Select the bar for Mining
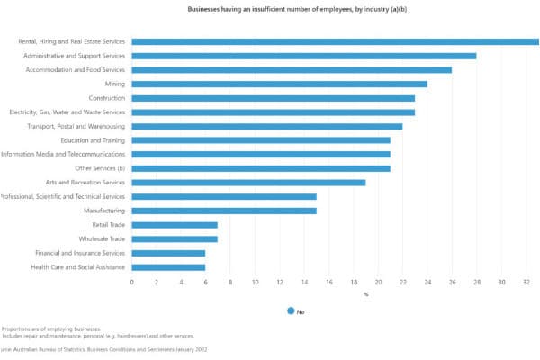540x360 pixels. [x=279, y=84]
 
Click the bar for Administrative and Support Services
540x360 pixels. [x=303, y=56]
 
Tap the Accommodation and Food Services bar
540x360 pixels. [x=292, y=69]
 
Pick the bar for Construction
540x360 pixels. [x=273, y=98]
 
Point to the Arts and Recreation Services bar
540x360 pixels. [x=248, y=183]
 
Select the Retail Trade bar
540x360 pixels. [x=175, y=225]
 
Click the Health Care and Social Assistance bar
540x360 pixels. [x=168, y=267]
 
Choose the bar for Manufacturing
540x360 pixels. [x=224, y=211]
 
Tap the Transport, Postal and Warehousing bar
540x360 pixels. [x=266, y=126]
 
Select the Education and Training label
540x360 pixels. [x=93, y=140]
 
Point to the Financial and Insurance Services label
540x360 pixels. [x=80, y=253]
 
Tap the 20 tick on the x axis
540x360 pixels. [x=378, y=282]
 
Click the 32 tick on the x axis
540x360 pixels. [x=526, y=282]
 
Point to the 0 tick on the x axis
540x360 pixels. [x=132, y=282]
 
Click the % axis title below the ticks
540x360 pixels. [x=365, y=294]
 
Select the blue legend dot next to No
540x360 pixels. [x=291, y=311]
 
